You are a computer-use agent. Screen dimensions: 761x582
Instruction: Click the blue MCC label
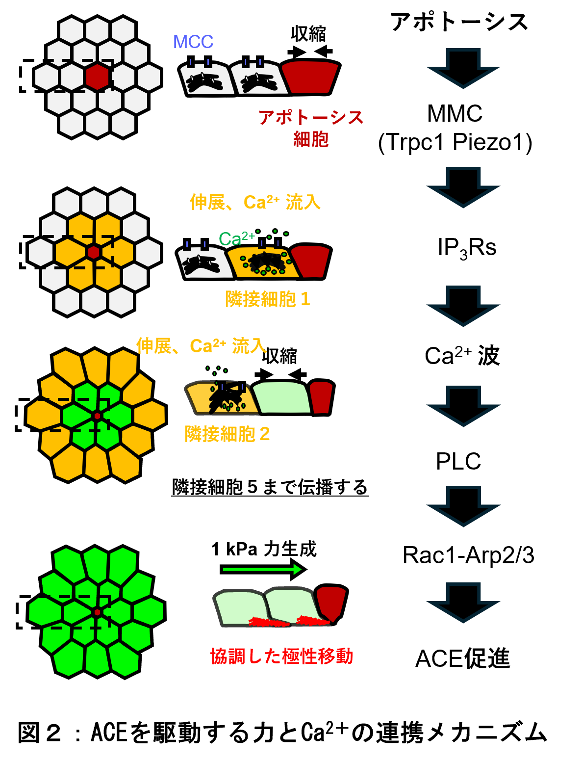pos(193,42)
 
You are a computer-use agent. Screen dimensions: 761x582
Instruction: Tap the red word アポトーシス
pos(311,118)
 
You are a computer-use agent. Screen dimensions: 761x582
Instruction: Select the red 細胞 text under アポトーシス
pos(311,139)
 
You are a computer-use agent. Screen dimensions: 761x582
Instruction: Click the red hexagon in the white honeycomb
pos(97,77)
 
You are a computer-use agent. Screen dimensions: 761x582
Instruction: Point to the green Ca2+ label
pos(236,239)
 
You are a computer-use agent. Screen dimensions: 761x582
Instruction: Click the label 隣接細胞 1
pos(267,299)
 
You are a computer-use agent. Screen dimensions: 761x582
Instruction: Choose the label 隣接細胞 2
pos(227,434)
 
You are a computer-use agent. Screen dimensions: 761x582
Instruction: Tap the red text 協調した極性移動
pos(281,656)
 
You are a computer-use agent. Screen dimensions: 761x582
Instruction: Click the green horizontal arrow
pos(262,569)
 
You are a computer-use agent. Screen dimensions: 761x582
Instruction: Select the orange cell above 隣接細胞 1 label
pos(263,262)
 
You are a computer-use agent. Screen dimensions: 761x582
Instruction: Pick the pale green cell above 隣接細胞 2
pos(281,397)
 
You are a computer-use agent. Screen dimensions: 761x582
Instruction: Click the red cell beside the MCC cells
pos(310,77)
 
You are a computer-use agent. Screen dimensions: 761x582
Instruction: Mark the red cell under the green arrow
pos(331,602)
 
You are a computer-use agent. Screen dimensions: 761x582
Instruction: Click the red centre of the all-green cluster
pos(97,612)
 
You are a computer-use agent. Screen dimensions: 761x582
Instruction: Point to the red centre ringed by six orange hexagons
pos(94,252)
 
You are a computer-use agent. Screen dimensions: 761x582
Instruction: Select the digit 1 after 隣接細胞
pos(305,299)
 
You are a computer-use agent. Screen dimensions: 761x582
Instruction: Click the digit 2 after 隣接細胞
pos(264,434)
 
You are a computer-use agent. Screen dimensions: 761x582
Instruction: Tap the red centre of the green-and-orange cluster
pos(97,416)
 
